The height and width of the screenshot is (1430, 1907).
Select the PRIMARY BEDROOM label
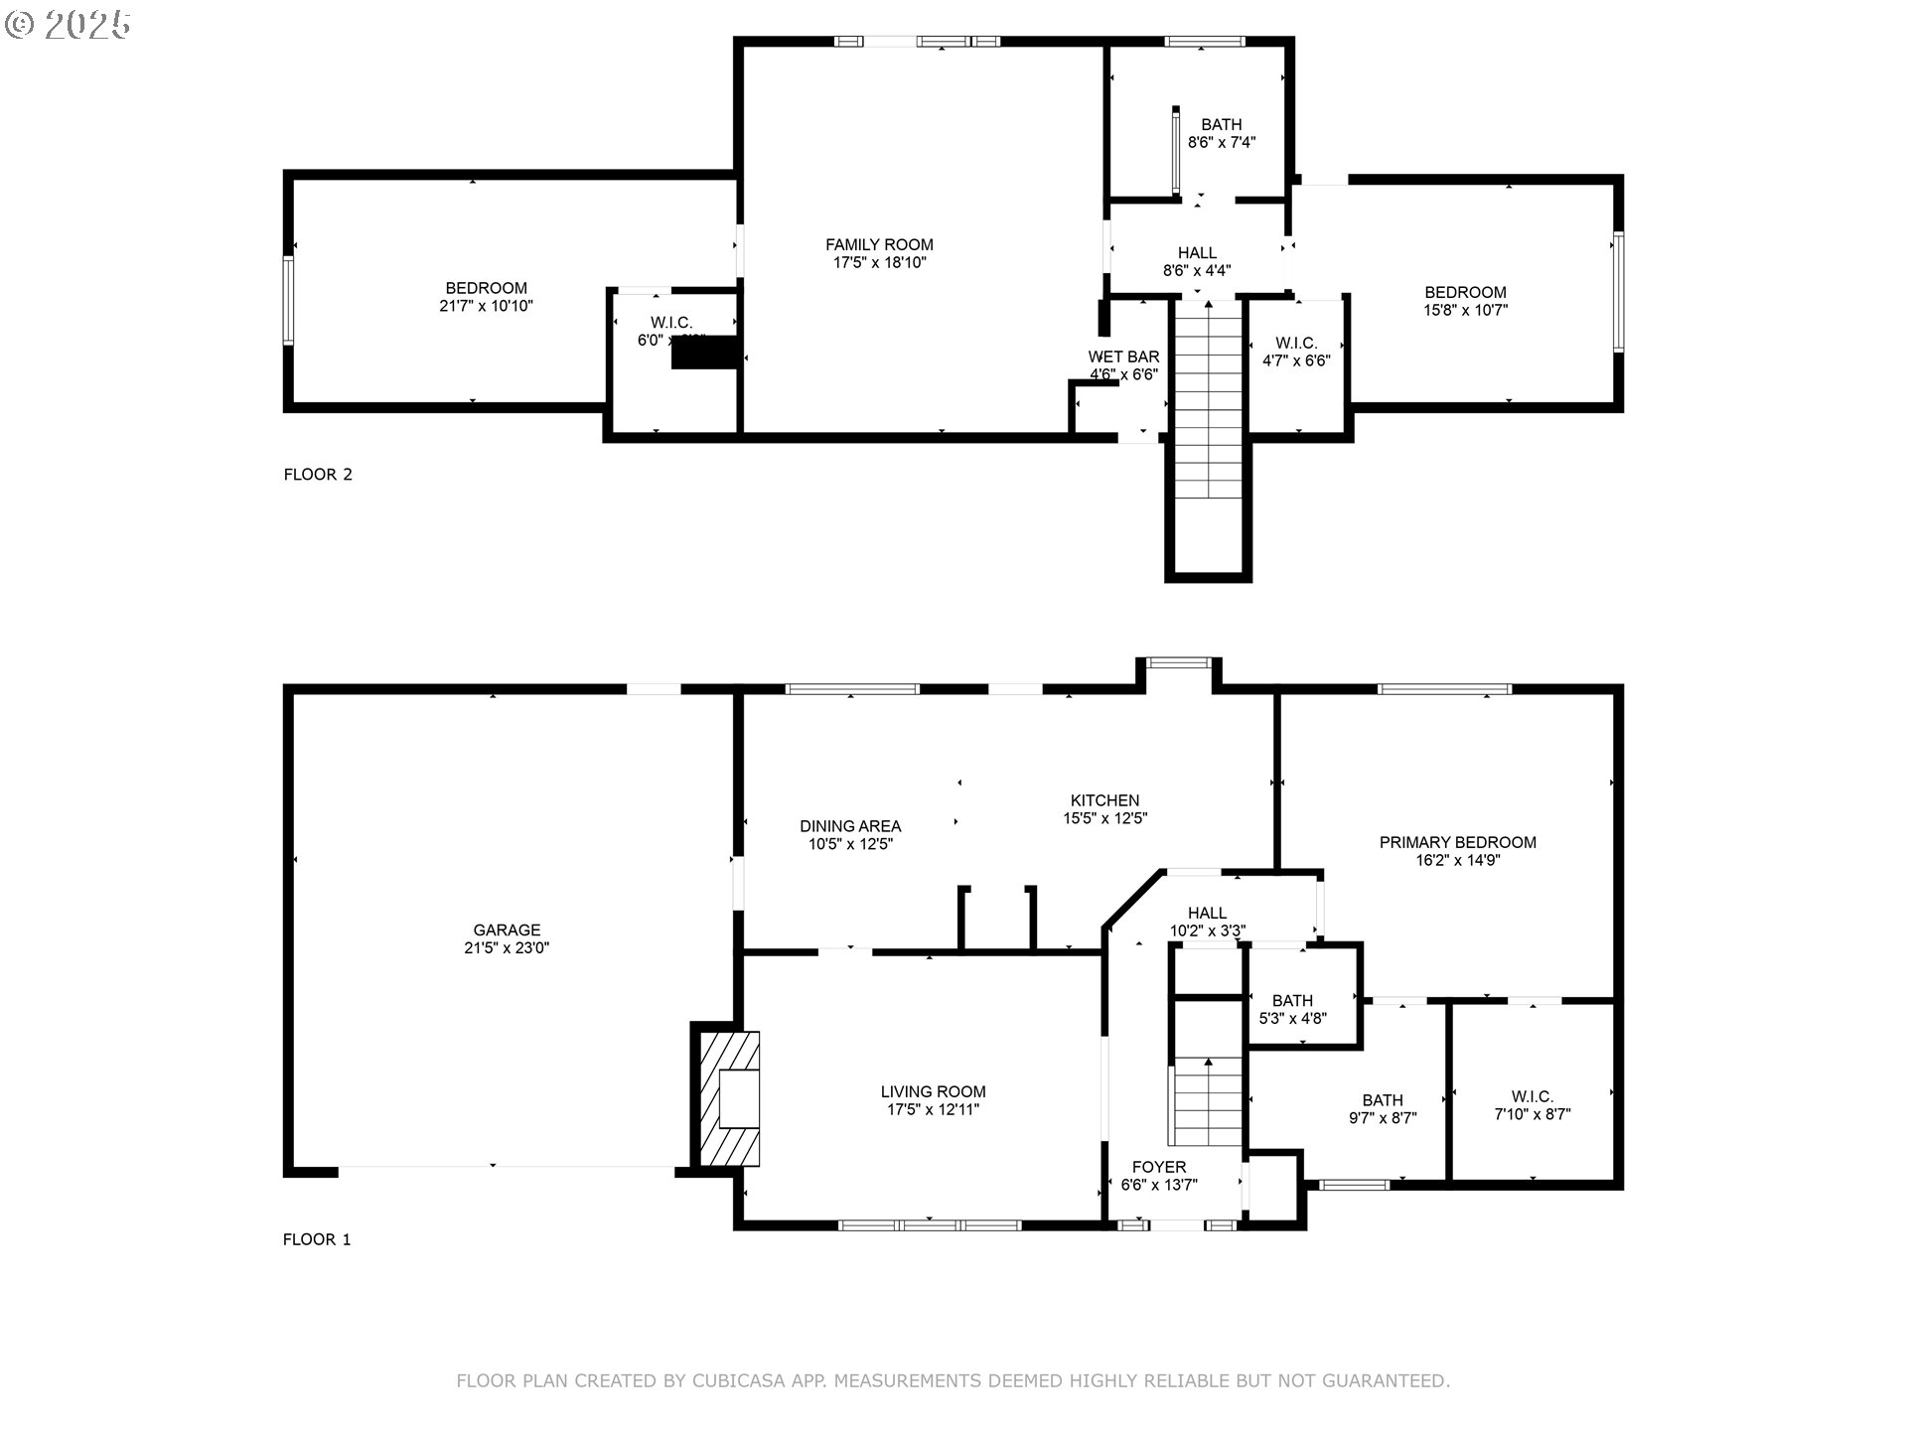[x=1457, y=842]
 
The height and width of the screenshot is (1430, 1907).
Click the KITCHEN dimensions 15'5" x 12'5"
[x=1104, y=819]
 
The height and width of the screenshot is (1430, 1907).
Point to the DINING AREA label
[x=850, y=826]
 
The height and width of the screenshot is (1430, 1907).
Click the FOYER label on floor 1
[x=1159, y=1167]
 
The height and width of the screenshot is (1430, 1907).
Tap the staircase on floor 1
[x=1208, y=1102]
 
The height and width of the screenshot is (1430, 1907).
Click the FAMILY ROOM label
[x=879, y=244]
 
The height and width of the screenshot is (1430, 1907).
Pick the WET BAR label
[x=1123, y=357]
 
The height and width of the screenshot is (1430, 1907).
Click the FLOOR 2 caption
[x=318, y=475]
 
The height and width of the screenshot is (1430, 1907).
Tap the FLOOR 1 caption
[x=317, y=1239]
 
